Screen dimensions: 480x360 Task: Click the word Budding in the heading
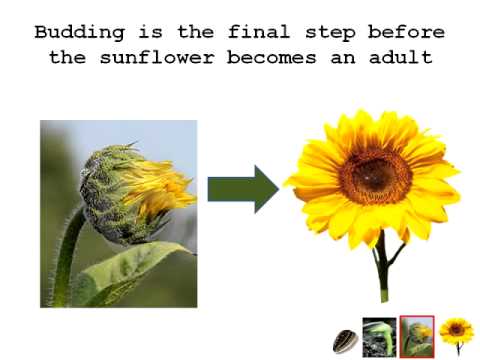coord(80,33)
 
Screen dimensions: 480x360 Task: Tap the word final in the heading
coord(259,32)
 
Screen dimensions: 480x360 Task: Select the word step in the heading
coord(330,33)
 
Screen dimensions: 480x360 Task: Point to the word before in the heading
coord(406,32)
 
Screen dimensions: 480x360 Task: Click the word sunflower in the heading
coord(157,57)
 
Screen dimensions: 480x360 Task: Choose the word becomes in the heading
coord(271,57)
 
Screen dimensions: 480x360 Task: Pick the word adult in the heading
coord(401,57)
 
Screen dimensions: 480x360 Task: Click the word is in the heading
coord(151,32)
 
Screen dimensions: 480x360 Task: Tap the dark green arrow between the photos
coord(243,189)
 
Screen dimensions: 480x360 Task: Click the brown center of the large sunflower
coord(375,176)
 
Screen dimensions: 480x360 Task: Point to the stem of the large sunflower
coord(383,267)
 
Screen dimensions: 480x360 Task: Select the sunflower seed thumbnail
coord(345,341)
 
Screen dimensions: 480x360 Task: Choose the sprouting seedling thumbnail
coord(379,337)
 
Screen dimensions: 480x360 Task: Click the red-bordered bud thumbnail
coord(417,337)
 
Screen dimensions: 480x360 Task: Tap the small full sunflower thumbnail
coord(456,336)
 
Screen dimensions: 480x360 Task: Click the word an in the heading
coord(342,58)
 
